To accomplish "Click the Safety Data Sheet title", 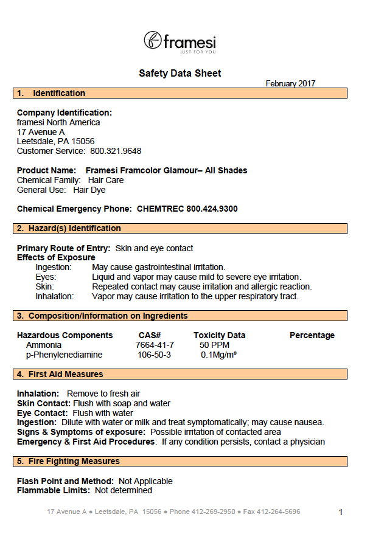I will (x=180, y=74).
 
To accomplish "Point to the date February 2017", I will (x=290, y=84).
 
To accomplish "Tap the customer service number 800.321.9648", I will (x=116, y=151).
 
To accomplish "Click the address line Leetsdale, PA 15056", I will (x=55, y=141).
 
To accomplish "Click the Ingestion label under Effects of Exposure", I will (x=53, y=267).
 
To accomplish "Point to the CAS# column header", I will (x=150, y=335).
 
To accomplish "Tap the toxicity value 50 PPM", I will (x=212, y=345).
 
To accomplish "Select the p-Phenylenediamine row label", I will (x=64, y=355).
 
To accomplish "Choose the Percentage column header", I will (x=312, y=335).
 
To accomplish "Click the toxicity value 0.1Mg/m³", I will (x=218, y=355).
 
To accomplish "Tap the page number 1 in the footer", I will (x=341, y=512).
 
